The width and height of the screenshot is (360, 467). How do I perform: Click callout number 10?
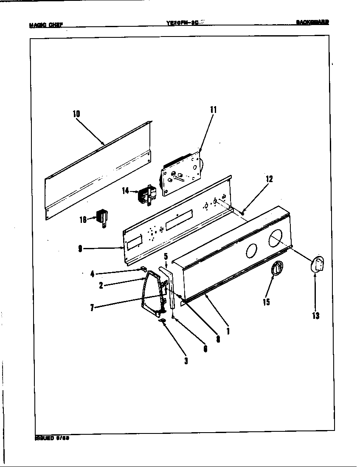[x=76, y=114]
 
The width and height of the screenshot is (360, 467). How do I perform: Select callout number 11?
[x=213, y=110]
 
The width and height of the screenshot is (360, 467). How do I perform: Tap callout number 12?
[x=269, y=179]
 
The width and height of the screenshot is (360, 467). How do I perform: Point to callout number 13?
[x=315, y=315]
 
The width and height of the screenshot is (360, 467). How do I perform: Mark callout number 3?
[x=186, y=361]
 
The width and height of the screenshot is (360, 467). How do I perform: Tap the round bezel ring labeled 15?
[x=277, y=269]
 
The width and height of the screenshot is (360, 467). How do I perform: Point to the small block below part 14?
[x=102, y=218]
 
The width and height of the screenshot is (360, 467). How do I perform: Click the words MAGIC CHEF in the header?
[x=46, y=25]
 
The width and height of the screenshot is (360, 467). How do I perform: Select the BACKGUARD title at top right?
[x=312, y=22]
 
